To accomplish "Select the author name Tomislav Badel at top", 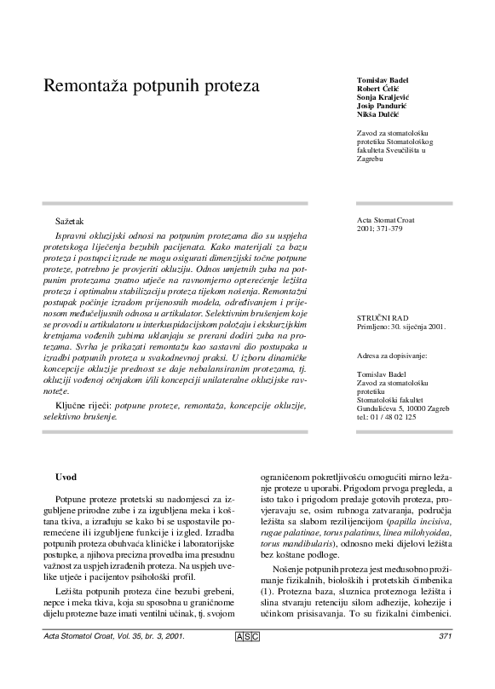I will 382,79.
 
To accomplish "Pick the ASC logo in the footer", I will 246,659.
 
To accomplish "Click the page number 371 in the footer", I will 444,659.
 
